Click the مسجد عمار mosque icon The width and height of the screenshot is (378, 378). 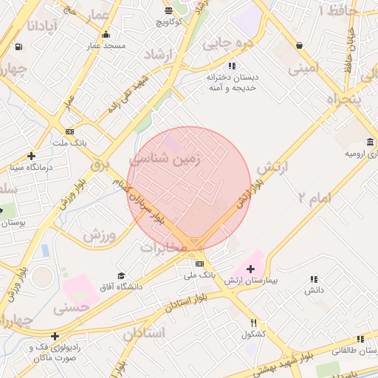click(106, 34)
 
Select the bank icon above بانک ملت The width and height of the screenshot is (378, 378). click(69, 131)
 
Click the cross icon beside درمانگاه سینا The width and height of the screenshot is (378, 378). click(31, 156)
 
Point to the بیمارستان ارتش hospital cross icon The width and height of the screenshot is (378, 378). click(250, 269)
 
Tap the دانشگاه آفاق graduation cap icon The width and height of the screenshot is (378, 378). click(121, 275)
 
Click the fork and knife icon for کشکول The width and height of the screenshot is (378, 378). click(254, 323)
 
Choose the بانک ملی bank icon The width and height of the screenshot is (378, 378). click(199, 264)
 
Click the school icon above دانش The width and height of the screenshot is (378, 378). click(315, 279)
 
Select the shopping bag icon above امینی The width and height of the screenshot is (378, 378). click(299, 46)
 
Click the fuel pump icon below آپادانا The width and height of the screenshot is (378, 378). click(18, 47)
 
